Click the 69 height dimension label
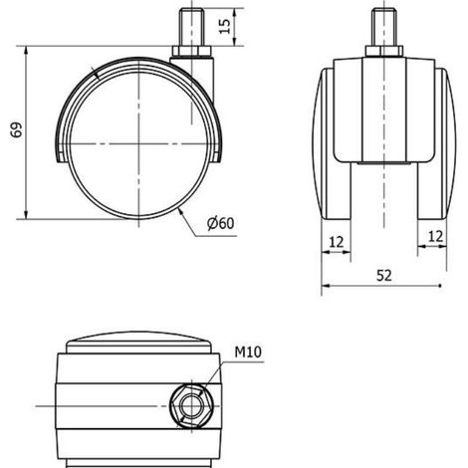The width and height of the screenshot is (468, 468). [x=16, y=129]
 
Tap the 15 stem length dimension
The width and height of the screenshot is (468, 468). [x=225, y=26]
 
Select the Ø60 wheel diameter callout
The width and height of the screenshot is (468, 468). [x=221, y=223]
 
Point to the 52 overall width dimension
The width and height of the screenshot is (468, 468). [x=384, y=276]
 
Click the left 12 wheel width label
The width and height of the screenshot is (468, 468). [x=336, y=242]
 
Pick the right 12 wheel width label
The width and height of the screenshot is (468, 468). [x=435, y=237]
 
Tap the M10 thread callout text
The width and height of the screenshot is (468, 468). [x=248, y=352]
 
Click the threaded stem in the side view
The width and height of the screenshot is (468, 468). [x=191, y=28]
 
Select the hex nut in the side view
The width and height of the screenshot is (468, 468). [x=191, y=51]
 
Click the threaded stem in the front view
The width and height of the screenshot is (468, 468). [x=384, y=27]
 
